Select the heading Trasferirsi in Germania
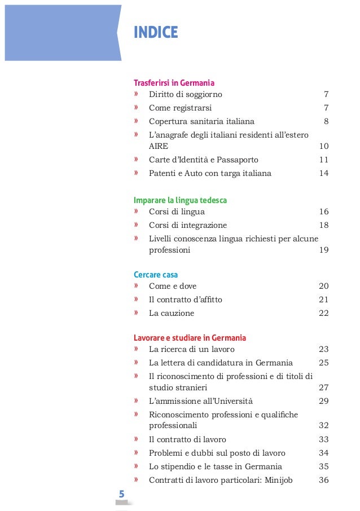pyautogui.click(x=174, y=82)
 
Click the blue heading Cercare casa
pyautogui.click(x=156, y=275)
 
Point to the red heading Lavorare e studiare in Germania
pyautogui.click(x=190, y=338)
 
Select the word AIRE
pyautogui.click(x=159, y=146)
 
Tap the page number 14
pyautogui.click(x=323, y=173)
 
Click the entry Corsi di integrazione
pyautogui.click(x=188, y=225)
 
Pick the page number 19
pyautogui.click(x=323, y=250)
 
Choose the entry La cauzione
pyautogui.click(x=172, y=313)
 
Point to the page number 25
pyautogui.click(x=323, y=363)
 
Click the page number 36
pyautogui.click(x=323, y=480)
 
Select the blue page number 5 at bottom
pyautogui.click(x=121, y=495)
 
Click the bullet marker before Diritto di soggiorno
pyautogui.click(x=136, y=94)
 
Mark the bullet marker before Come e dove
pyautogui.click(x=136, y=286)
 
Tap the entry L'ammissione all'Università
pyautogui.click(x=201, y=401)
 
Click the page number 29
pyautogui.click(x=323, y=401)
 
